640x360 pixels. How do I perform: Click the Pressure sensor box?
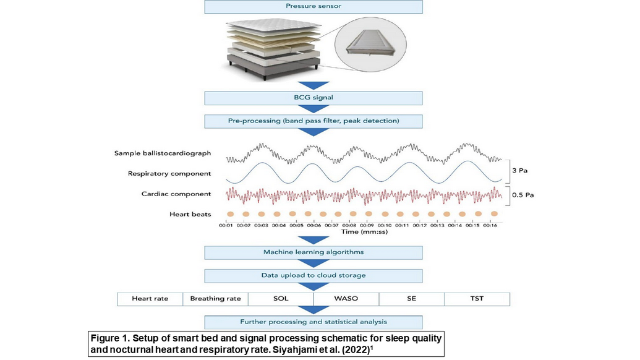[314, 7]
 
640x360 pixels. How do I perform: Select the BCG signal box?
[314, 98]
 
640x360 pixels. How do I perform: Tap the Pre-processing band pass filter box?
[314, 121]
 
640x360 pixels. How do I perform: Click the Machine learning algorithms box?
[314, 252]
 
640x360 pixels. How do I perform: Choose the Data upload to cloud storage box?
[314, 276]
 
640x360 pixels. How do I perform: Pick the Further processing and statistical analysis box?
[314, 322]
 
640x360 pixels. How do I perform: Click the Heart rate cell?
[150, 299]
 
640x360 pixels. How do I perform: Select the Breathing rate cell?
[215, 299]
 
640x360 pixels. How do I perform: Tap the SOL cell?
[281, 299]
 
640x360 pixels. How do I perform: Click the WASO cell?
[346, 299]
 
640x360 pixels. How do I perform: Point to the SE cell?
[411, 299]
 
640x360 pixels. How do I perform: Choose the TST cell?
[477, 299]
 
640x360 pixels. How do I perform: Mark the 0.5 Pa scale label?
[523, 194]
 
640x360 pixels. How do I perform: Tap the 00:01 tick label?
[226, 226]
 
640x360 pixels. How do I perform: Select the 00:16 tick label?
[490, 226]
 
